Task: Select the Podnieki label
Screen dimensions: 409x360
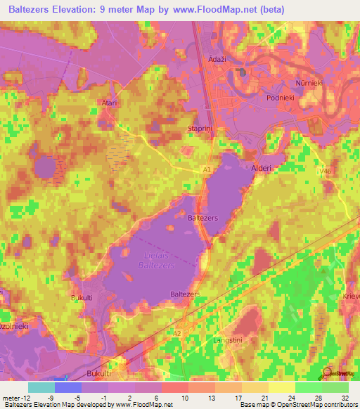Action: pyautogui.click(x=284, y=98)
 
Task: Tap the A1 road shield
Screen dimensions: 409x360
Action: pyautogui.click(x=207, y=169)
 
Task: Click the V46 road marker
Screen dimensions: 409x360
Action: pyautogui.click(x=324, y=169)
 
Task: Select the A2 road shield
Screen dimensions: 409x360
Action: pyautogui.click(x=177, y=333)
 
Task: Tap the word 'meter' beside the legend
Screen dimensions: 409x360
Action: pyautogui.click(x=11, y=396)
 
